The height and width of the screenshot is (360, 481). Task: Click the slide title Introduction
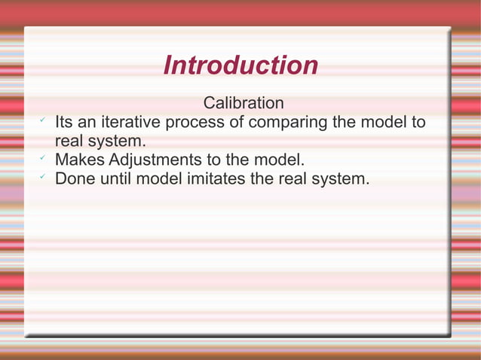click(240, 66)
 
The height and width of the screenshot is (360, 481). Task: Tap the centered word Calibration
click(244, 102)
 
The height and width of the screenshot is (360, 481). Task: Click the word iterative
click(132, 122)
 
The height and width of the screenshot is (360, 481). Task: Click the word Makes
click(80, 160)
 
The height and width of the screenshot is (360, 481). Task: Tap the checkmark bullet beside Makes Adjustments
click(42, 158)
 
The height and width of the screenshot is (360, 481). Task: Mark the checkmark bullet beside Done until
click(42, 177)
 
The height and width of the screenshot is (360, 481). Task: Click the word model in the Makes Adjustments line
click(279, 160)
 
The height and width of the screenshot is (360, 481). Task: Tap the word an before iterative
click(89, 123)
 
